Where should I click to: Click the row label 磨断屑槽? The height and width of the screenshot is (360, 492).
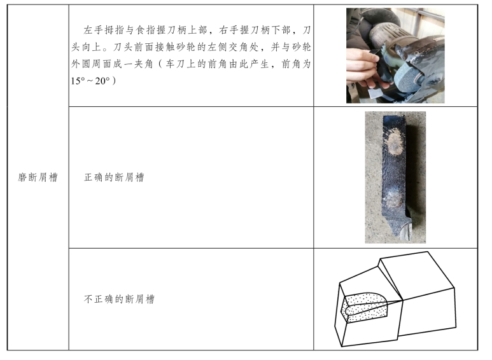point(38,177)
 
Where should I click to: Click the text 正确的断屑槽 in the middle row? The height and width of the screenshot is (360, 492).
point(114,177)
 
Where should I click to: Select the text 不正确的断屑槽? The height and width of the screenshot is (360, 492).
point(119,299)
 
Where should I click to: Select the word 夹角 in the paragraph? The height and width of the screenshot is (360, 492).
point(143,64)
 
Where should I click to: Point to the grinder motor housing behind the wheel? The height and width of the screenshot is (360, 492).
point(385,37)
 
